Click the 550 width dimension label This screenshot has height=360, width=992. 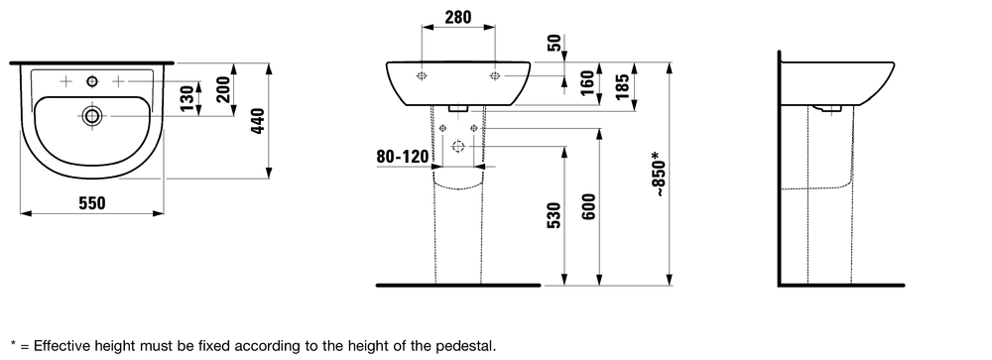point(92,203)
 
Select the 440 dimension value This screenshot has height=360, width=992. point(258,121)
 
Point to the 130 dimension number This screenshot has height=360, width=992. point(186,99)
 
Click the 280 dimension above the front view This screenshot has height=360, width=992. point(458,17)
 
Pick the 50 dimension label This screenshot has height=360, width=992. point(555,43)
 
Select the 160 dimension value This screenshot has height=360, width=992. point(587,82)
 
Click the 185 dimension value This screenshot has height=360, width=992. point(622,86)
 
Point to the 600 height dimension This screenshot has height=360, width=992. point(588,207)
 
